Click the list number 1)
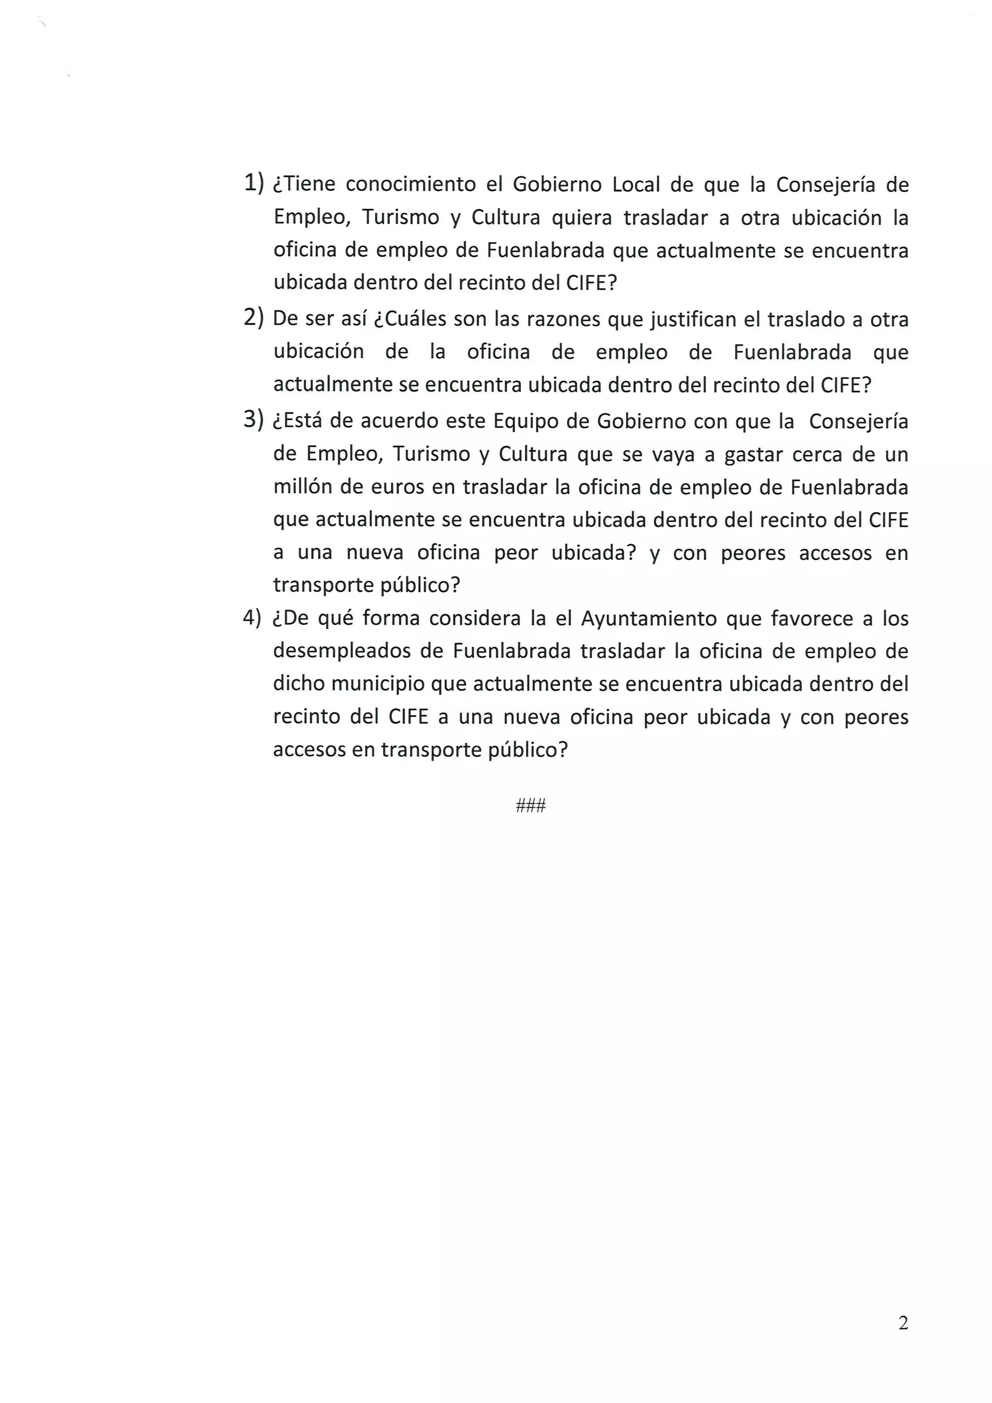(x=253, y=183)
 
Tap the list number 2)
(x=253, y=318)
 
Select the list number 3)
(x=253, y=420)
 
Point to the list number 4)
(x=252, y=617)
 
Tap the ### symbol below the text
(x=531, y=805)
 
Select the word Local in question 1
(x=636, y=185)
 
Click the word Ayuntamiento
(x=649, y=619)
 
